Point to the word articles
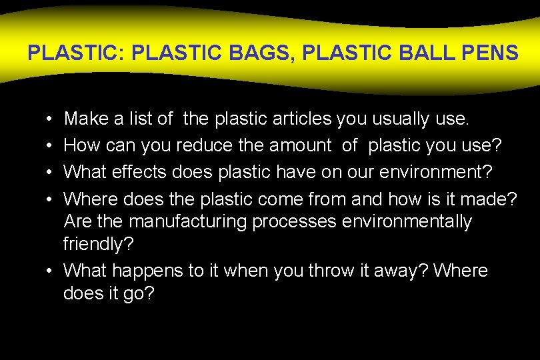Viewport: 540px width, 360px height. (x=295, y=119)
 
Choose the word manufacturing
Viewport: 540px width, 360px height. (x=188, y=221)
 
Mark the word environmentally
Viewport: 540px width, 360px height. (x=407, y=221)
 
